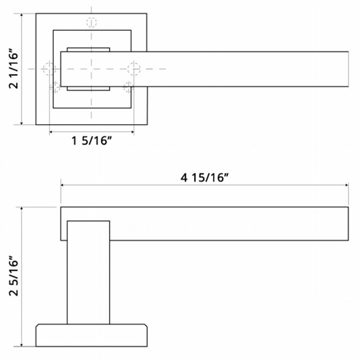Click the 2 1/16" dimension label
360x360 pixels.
click(x=13, y=68)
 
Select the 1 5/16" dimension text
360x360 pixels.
click(x=92, y=140)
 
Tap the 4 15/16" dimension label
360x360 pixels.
click(x=205, y=177)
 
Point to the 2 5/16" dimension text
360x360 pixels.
click(x=13, y=275)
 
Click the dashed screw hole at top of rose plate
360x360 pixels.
click(x=92, y=22)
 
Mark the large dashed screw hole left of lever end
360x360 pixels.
click(x=49, y=69)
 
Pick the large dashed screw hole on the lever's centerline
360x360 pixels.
click(x=134, y=69)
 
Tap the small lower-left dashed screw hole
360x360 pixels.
click(x=55, y=87)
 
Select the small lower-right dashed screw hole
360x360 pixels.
click(x=128, y=87)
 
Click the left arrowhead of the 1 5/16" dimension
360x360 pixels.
click(x=51, y=132)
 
